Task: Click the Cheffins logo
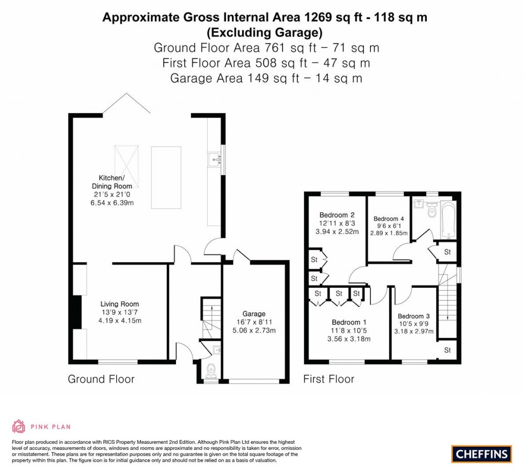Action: pos(482,455)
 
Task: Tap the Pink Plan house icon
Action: pos(19,426)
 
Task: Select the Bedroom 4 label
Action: pos(389,219)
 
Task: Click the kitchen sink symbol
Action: pos(214,160)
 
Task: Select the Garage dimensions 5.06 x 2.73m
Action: pos(254,331)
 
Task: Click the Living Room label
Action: pos(120,304)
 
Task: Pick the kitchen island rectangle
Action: pos(166,178)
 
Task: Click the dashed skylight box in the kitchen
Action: pos(126,166)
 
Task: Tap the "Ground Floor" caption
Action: pos(101,379)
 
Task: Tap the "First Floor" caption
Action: pos(329,379)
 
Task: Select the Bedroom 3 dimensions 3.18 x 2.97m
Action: pos(413,332)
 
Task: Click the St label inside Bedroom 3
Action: pos(447,350)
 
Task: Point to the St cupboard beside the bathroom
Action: pos(447,252)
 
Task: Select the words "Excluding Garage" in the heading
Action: pos(265,32)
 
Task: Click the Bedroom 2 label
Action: pos(337,215)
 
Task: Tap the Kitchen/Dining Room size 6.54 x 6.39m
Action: pos(112,203)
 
